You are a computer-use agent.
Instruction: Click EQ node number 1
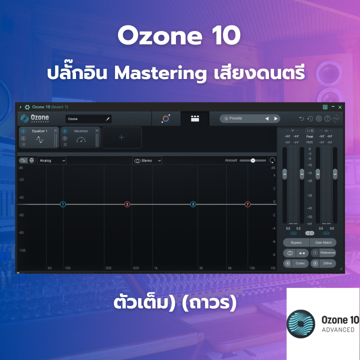[63, 204]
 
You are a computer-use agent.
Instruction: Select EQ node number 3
[127, 204]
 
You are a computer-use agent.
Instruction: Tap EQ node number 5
[193, 204]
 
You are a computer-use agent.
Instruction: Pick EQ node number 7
[247, 204]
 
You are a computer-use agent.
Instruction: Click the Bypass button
[296, 242]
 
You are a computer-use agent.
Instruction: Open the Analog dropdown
[52, 160]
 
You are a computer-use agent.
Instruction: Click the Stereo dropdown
[147, 160]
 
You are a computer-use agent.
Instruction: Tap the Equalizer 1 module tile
[39, 137]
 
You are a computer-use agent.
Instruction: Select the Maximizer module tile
[80, 137]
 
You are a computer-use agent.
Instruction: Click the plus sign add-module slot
[121, 137]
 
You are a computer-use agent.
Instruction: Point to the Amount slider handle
[253, 160]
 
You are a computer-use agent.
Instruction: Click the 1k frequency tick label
[156, 268]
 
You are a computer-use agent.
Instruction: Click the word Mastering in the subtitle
[159, 73]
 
